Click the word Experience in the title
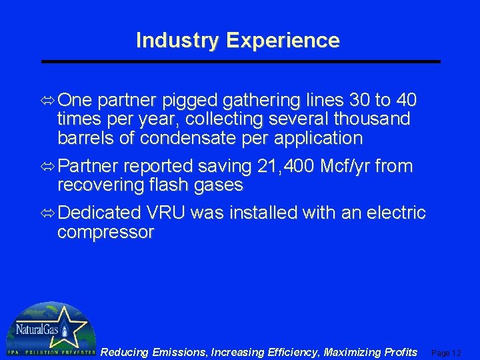[283, 41]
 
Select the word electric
[390, 213]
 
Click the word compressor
[105, 233]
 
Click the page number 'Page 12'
[447, 353]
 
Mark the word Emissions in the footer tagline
[175, 352]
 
